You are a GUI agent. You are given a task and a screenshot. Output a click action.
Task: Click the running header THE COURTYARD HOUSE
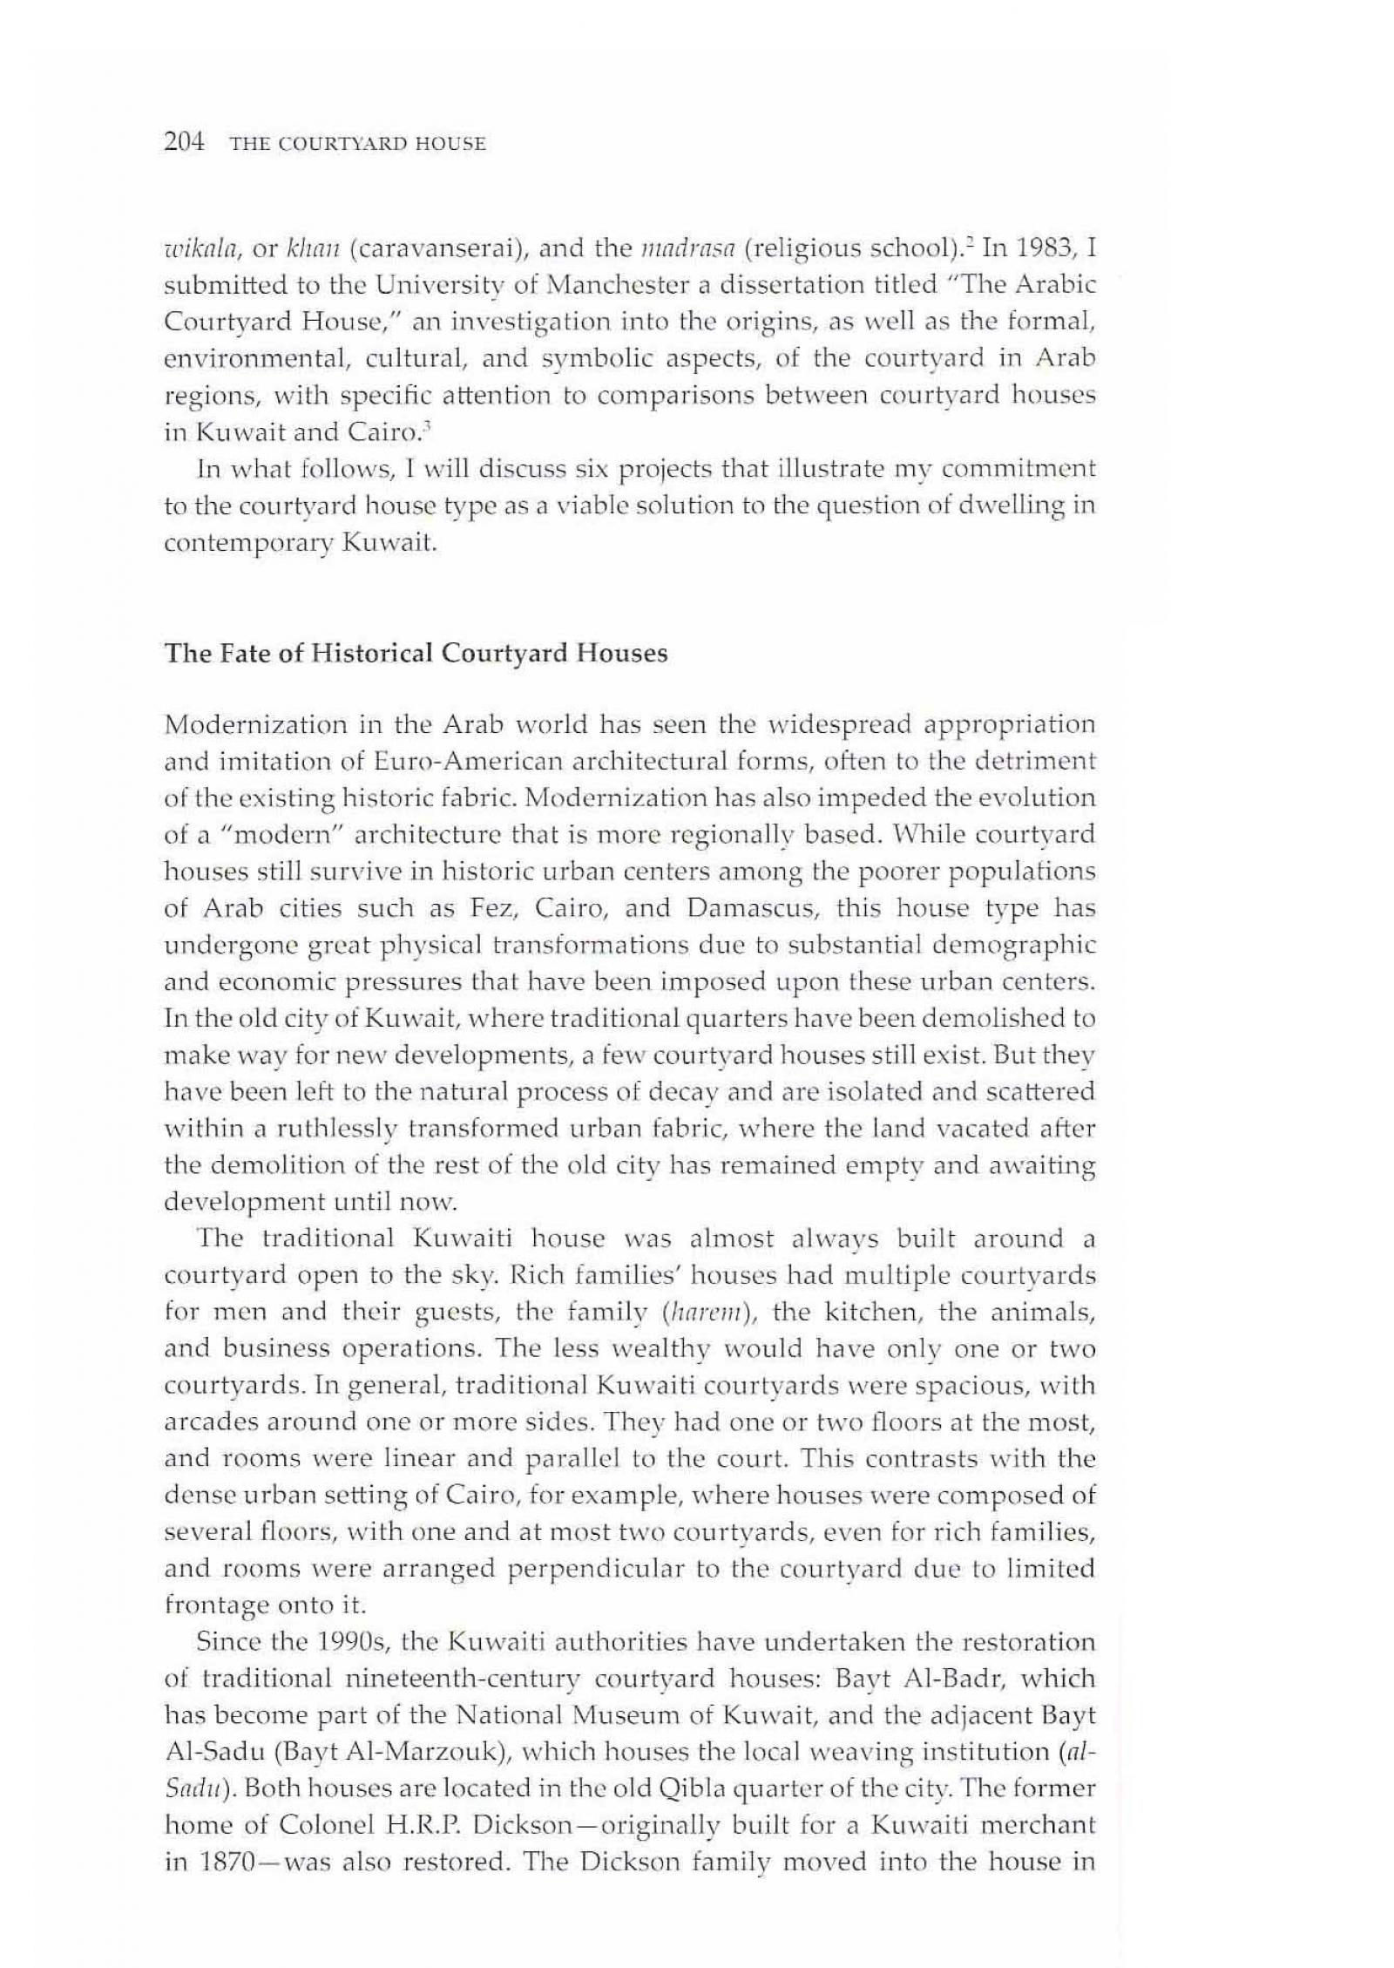tap(357, 144)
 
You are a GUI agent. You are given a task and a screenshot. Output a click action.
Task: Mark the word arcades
tap(208, 1422)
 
